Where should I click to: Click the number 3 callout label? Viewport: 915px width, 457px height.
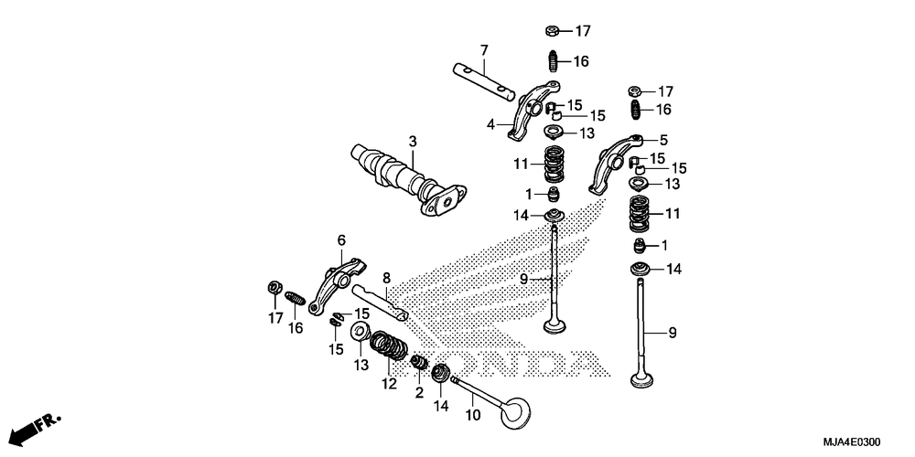pyautogui.click(x=413, y=142)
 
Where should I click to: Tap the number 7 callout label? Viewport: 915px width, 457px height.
pyautogui.click(x=485, y=49)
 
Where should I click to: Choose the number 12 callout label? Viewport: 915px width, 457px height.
pyautogui.click(x=390, y=384)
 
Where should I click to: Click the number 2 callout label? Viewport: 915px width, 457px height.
pyautogui.click(x=420, y=393)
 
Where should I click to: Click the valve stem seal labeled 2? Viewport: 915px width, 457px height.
pyautogui.click(x=421, y=364)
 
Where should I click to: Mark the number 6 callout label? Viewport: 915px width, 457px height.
pyautogui.click(x=341, y=239)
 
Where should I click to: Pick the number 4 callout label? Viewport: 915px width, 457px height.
pyautogui.click(x=490, y=124)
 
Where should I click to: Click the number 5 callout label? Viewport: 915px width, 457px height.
pyautogui.click(x=664, y=140)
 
